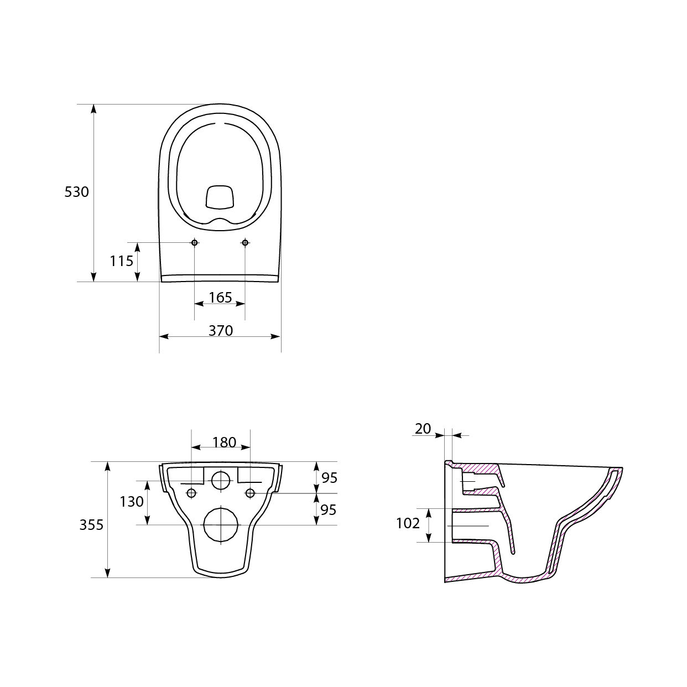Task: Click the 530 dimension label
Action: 76,192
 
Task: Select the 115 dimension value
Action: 121,261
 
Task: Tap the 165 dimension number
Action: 220,298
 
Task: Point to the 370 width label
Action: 221,331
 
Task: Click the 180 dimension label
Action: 224,443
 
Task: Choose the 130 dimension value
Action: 132,502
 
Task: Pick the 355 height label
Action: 91,525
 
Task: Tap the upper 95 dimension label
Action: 329,478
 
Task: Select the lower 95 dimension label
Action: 329,510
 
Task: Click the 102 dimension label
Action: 408,523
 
